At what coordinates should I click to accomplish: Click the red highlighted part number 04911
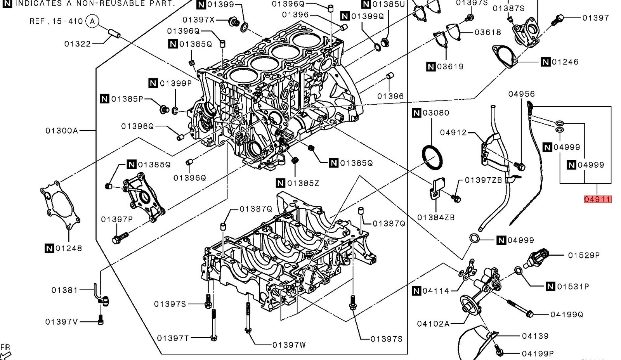[x=598, y=199]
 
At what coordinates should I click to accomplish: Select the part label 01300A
[x=62, y=131]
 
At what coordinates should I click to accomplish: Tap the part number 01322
[x=78, y=44]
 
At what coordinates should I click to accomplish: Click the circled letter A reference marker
[x=92, y=21]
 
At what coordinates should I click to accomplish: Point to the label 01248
[x=69, y=248]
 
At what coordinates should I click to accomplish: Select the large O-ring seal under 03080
[x=432, y=157]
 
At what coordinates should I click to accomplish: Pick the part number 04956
[x=522, y=94]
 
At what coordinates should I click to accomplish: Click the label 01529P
[x=584, y=255]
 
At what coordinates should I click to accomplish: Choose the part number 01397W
[x=289, y=344]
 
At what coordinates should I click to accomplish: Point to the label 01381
[x=64, y=290]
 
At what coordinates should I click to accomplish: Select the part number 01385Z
[x=303, y=183]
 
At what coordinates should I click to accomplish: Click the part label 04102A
[x=433, y=324]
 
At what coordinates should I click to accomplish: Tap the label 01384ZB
[x=436, y=217]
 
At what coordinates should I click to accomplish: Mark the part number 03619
[x=450, y=67]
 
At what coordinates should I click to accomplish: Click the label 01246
[x=565, y=62]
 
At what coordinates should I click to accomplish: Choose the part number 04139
[x=535, y=336]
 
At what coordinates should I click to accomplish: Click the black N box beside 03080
[x=416, y=113]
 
